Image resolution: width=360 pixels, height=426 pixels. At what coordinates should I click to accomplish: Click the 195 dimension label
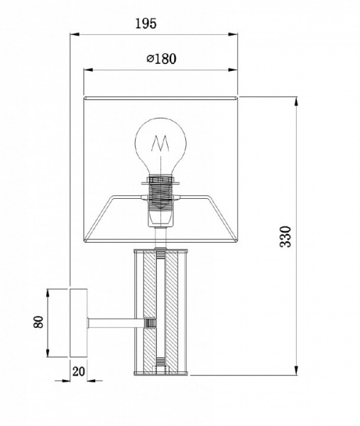146,23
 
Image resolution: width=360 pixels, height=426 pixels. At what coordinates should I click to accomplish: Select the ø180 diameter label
161,59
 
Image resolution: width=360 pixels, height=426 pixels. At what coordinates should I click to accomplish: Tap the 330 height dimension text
285,236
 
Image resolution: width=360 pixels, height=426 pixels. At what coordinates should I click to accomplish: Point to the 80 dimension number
38,322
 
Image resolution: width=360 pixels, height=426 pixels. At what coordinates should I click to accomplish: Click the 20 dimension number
79,371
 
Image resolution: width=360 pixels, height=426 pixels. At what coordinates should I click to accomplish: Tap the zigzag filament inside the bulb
160,144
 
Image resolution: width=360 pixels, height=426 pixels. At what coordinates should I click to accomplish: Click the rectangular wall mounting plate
79,323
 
